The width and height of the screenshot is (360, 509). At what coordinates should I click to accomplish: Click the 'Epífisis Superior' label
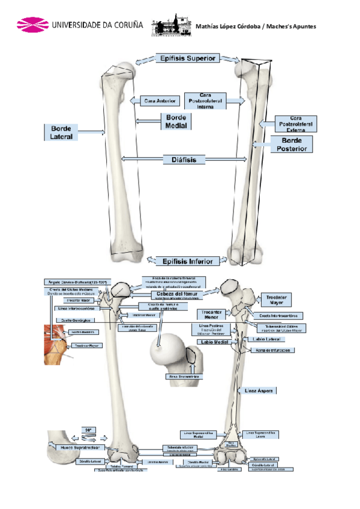click(188, 58)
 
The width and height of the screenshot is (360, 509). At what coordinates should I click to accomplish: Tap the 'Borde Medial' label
click(176, 121)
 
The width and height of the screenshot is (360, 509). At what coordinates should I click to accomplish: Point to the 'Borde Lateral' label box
click(61, 133)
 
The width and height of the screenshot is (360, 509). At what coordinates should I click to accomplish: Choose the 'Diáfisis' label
click(184, 160)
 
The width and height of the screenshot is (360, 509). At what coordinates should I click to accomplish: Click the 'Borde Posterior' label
click(292, 144)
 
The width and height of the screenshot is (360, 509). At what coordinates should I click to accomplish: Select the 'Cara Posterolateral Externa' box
click(295, 123)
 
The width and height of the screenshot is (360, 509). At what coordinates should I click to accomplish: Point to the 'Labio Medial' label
click(215, 342)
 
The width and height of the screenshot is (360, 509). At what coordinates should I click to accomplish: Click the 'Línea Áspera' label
click(260, 391)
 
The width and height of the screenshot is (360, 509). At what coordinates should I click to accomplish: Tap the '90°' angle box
click(88, 430)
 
